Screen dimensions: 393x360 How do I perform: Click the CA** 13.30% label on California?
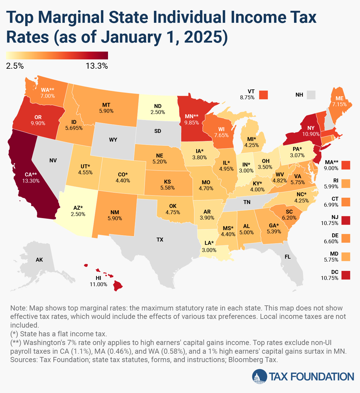coord(31,178)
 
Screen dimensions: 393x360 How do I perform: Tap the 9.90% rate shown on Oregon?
coord(38,123)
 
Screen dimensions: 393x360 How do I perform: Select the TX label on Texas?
coord(160,239)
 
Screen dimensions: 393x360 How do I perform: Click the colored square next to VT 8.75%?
coord(263,95)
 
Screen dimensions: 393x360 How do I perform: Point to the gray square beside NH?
coord(311,95)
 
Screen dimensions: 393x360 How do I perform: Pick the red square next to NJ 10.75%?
coord(346,220)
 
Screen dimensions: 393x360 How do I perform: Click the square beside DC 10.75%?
coord(346,275)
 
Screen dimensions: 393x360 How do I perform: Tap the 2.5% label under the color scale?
coord(15,66)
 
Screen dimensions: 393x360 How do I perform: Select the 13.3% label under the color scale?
coord(97,66)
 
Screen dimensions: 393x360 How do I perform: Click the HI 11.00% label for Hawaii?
coord(98,281)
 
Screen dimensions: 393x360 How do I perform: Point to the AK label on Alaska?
coord(39,259)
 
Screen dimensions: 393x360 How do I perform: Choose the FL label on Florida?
coord(287,256)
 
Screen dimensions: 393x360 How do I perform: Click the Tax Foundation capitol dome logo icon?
coord(259,376)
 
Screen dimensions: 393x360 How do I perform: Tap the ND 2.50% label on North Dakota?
coord(158,109)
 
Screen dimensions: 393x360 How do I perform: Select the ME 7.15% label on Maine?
coord(339,101)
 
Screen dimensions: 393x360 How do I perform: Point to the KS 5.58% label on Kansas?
coord(167,184)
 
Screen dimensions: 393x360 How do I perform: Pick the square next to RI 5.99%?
coord(346,184)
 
